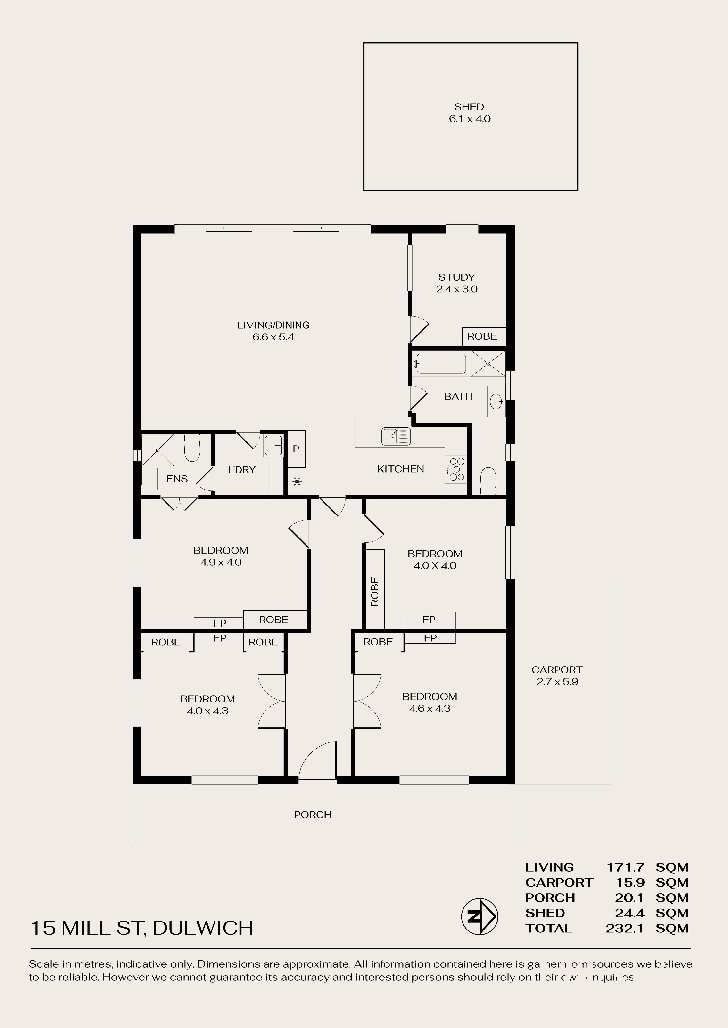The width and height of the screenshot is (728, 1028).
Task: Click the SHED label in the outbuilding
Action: (469, 107)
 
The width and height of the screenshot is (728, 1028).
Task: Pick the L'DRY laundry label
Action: (242, 470)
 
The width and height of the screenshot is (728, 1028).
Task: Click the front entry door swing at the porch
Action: (317, 760)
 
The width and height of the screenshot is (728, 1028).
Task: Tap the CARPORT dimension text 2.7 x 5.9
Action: (557, 682)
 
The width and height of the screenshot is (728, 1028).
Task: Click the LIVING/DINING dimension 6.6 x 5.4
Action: (273, 337)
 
